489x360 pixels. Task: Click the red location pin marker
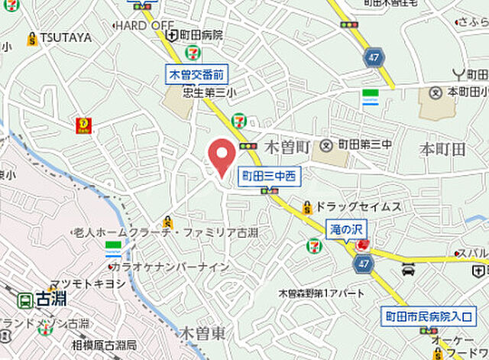click(x=222, y=157)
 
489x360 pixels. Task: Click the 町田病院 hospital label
click(x=202, y=35)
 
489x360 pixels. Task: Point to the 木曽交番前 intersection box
click(x=197, y=74)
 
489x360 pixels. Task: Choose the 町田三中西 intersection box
click(x=268, y=176)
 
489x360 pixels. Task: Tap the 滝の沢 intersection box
click(x=348, y=229)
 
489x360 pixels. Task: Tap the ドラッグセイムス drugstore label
click(x=358, y=206)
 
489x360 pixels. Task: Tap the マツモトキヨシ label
click(x=88, y=283)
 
